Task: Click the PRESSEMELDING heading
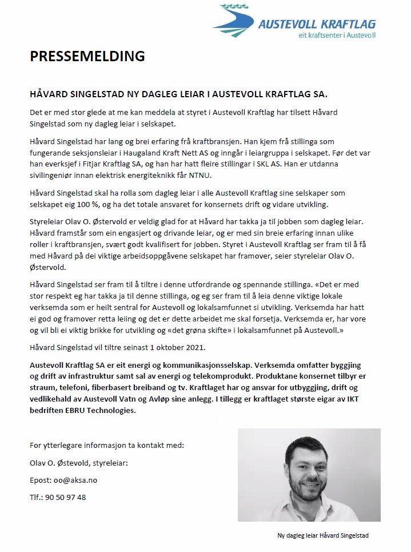click(87, 56)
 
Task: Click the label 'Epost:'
click(39, 480)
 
